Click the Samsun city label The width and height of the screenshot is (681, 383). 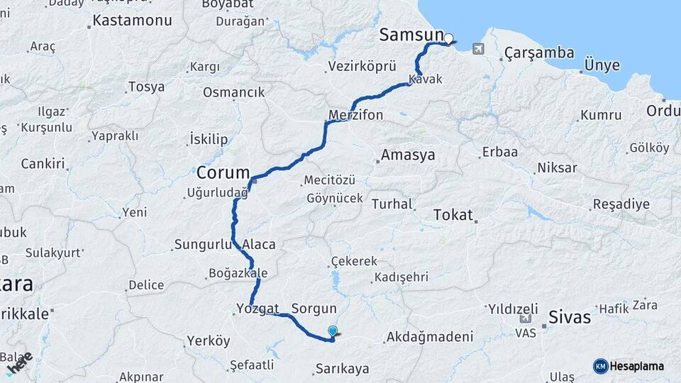tap(411, 35)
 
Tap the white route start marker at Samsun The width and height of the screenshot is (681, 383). tap(448, 38)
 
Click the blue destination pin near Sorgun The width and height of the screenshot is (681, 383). tap(333, 331)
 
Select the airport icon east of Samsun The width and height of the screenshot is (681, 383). tap(478, 48)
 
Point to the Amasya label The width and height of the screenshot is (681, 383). tap(407, 155)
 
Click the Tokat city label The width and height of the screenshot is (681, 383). tap(452, 214)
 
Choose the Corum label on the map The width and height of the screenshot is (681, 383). tap(223, 172)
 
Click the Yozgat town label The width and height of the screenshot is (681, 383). tap(254, 309)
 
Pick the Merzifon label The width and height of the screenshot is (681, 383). tap(356, 114)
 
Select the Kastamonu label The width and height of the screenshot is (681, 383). tap(132, 21)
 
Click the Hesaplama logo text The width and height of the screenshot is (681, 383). tap(638, 366)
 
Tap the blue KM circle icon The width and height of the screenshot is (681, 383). tap(600, 366)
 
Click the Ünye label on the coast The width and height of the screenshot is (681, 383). tap(602, 65)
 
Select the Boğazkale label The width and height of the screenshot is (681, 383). tap(238, 273)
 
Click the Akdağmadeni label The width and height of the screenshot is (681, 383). tap(428, 338)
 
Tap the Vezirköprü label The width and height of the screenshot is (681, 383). tap(361, 67)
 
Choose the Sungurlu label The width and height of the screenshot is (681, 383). tap(202, 245)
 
